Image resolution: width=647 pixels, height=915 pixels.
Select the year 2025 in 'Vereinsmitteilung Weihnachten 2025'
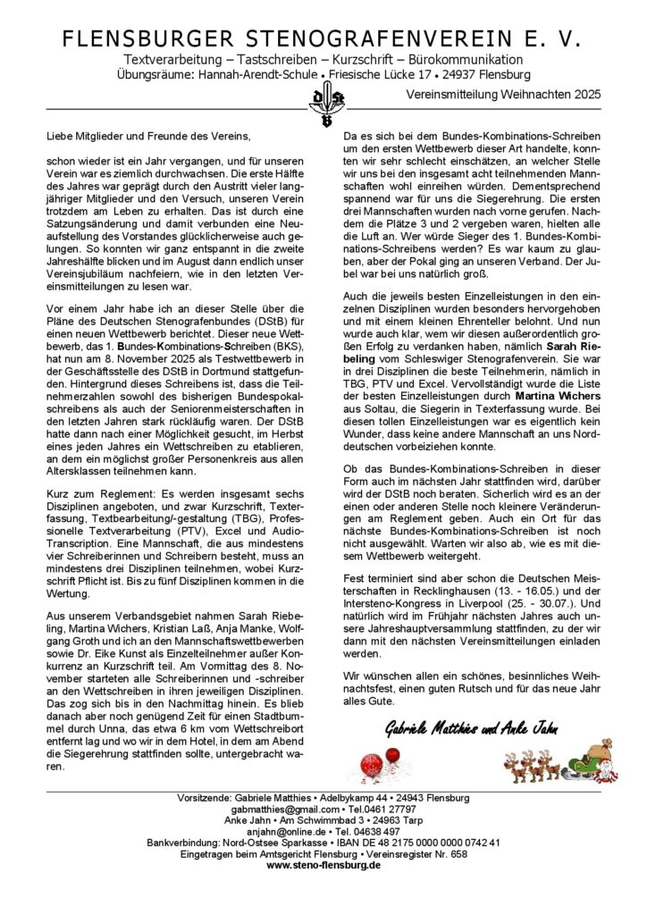pyautogui.click(x=585, y=93)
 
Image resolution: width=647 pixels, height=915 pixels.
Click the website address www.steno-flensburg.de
pyautogui.click(x=323, y=865)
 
